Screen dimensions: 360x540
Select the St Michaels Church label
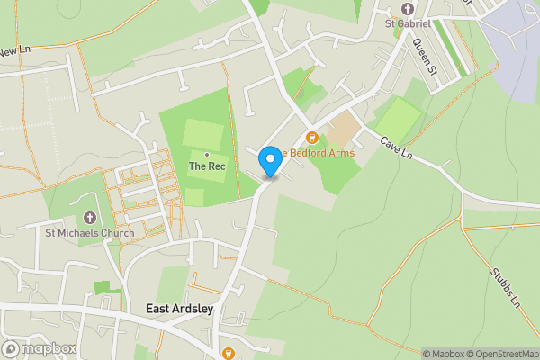tap(90, 234)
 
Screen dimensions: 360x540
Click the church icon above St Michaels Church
tap(89, 218)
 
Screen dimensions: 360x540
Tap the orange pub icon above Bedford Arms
tap(312, 138)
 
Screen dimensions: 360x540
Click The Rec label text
tap(206, 166)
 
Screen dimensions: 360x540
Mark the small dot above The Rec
tap(206, 155)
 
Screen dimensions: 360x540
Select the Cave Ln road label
tap(396, 149)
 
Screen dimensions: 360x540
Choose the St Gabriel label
tap(408, 22)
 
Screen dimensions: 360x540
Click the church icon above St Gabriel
tap(408, 8)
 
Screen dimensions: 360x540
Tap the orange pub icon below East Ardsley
tap(229, 354)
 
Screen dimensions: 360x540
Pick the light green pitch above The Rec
tap(202, 134)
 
